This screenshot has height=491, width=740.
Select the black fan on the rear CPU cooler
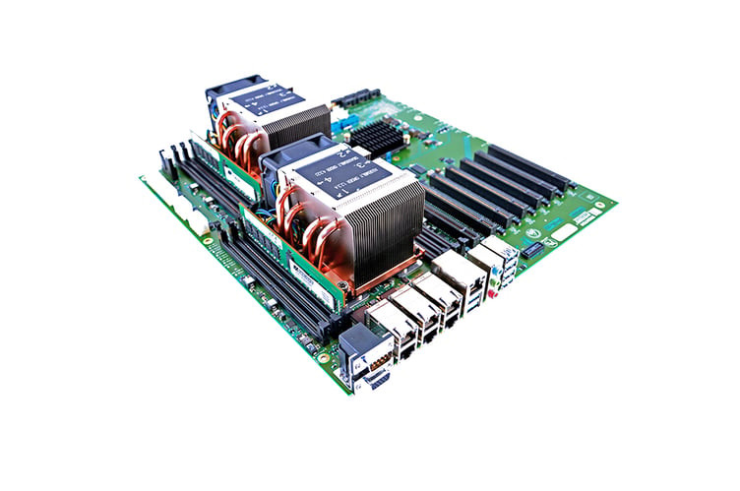[225, 102]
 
